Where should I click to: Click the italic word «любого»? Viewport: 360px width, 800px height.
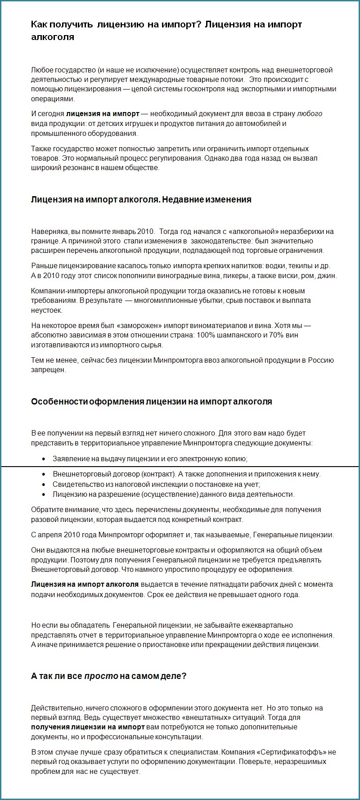(310, 114)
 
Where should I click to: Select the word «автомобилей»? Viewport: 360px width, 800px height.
(259, 124)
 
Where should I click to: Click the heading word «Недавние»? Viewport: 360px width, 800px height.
(182, 199)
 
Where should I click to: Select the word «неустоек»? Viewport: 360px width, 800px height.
(47, 310)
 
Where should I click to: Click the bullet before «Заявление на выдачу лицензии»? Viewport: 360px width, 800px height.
(43, 459)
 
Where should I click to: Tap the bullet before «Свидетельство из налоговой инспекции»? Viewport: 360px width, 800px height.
(43, 485)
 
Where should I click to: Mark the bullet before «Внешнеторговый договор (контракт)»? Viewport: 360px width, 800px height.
(43, 474)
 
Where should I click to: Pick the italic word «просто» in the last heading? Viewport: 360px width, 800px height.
(101, 676)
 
